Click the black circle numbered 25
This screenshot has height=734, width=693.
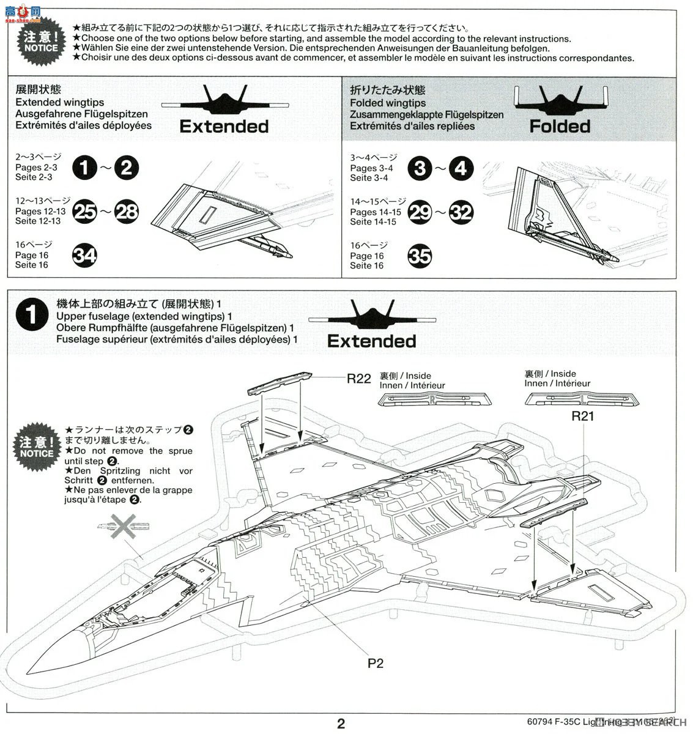pos(84,212)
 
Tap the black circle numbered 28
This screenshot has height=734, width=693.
pos(127,212)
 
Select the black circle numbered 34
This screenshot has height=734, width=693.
pos(85,255)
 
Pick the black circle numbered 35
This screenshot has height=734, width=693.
pos(420,256)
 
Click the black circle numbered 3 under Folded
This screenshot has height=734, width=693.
pos(420,168)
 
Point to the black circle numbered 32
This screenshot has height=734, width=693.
pos(461,212)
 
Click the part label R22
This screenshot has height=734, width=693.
pos(358,379)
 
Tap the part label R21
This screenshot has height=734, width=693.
pos(583,417)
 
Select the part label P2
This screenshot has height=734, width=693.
pos(376,662)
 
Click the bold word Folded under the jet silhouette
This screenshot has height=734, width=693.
pos(560,127)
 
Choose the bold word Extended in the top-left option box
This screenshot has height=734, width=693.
pos(224,127)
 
